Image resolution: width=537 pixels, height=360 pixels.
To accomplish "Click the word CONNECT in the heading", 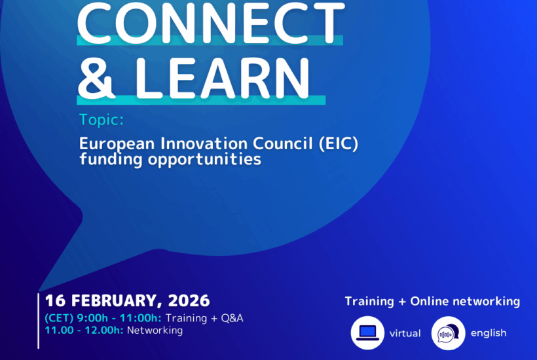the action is point(211,23).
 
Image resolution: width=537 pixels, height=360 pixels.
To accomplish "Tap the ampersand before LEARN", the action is point(96,79).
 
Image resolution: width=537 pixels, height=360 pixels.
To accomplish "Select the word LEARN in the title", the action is point(223,79).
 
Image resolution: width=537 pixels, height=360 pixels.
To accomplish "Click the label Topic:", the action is point(102,120).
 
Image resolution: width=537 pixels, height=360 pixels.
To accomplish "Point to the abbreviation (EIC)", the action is point(339,143).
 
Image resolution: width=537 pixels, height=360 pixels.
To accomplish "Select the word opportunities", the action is point(204,160).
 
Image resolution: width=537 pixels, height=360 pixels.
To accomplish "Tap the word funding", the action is point(111,160).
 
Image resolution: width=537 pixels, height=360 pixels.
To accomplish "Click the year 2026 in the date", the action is point(189,301).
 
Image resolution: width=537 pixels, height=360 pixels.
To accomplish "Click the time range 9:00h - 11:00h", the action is point(119,318).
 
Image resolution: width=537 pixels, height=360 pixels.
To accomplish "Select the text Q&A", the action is point(232,318).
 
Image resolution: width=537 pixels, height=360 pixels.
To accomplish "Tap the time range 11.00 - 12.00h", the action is point(84,331).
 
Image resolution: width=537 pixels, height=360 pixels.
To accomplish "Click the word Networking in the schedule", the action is point(155,331).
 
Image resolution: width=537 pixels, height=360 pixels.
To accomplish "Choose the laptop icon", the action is point(367,333).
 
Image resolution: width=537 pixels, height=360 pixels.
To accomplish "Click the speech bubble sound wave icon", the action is point(449,333).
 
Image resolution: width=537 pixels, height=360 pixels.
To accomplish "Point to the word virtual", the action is point(405,333).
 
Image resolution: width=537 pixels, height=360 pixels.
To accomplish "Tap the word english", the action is point(489,333).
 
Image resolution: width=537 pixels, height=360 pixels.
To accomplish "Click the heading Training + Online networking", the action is point(432,302).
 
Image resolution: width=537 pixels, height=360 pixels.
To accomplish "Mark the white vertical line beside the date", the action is point(39,321).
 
